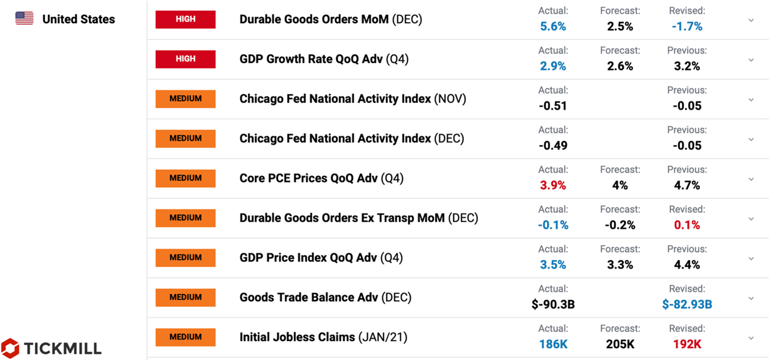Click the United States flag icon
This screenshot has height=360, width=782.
click(x=24, y=19)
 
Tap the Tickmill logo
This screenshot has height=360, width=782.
click(x=51, y=349)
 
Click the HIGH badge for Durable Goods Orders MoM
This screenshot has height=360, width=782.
click(x=185, y=19)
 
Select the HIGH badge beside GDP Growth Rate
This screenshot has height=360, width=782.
click(x=185, y=59)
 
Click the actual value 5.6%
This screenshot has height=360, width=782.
click(x=553, y=27)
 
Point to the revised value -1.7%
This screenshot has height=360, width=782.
click(x=687, y=27)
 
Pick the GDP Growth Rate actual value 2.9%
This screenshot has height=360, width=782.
click(x=553, y=66)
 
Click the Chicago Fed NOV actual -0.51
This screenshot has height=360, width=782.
click(x=553, y=106)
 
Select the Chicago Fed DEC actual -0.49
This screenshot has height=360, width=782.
click(x=553, y=146)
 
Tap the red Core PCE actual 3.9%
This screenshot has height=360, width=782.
click(x=553, y=185)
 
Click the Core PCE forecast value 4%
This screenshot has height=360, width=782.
click(x=620, y=185)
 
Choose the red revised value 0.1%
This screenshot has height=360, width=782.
click(x=687, y=225)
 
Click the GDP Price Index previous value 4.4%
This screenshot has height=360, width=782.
click(x=687, y=265)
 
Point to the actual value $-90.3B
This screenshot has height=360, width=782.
click(x=553, y=304)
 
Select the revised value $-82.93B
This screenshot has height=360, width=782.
click(x=687, y=304)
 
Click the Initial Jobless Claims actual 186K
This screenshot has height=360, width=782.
click(x=553, y=344)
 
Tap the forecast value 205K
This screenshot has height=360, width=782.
click(x=620, y=344)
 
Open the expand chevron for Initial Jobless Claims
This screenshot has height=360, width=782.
click(x=751, y=338)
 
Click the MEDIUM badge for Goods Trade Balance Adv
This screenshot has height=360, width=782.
click(x=185, y=298)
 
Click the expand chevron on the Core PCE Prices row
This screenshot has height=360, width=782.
click(x=751, y=179)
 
